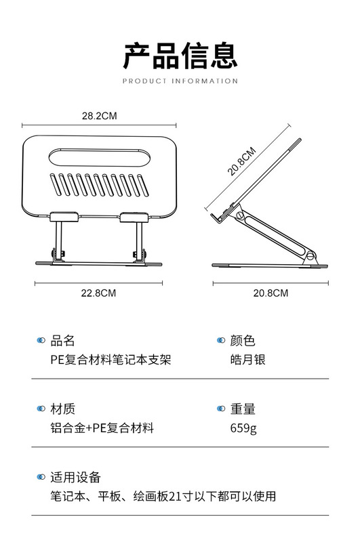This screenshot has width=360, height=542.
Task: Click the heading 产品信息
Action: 180,56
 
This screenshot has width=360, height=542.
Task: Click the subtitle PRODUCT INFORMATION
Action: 180,81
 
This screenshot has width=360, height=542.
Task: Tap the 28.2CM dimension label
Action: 99,116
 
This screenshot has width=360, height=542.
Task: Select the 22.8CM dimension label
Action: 98,293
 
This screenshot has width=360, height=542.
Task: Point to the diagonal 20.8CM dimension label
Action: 242,161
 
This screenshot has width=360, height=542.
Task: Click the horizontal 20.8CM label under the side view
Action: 271,293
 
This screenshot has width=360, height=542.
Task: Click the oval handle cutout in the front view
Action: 99,158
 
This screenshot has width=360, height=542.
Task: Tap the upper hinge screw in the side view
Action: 240,215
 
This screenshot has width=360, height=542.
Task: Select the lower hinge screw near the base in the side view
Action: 310,256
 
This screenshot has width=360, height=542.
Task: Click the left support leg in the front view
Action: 59,241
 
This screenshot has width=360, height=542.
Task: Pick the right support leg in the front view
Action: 140,241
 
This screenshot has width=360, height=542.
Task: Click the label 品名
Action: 62,341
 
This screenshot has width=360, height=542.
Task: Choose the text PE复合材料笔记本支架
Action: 111,360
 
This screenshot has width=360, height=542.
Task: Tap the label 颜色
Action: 243,341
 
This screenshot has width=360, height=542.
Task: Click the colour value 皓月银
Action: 248,360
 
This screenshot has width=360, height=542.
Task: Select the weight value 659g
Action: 243,428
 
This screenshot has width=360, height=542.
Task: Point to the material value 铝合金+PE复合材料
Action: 102,428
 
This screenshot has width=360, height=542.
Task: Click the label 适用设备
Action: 75,478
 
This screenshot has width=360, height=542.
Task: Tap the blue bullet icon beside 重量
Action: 220,409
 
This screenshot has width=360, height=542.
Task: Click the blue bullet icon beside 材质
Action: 41,409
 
